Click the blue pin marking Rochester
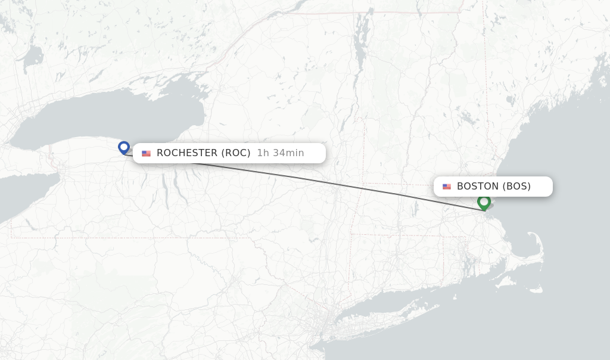click(x=124, y=147)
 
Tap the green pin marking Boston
click(x=484, y=201)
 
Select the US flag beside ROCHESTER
click(x=146, y=153)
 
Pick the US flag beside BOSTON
click(x=447, y=187)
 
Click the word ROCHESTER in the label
click(x=187, y=153)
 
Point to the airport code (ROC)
click(x=236, y=153)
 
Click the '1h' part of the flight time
click(x=263, y=153)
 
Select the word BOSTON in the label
click(x=478, y=187)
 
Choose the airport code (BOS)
click(x=516, y=187)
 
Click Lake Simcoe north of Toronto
click(x=33, y=57)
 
